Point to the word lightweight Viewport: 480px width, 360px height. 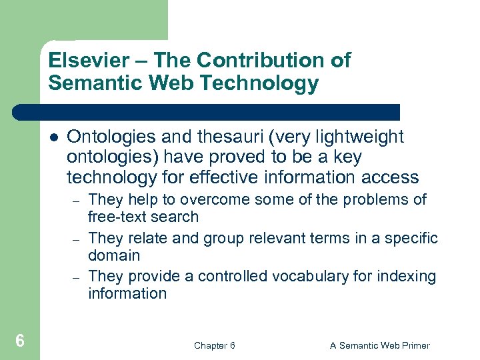[361, 137]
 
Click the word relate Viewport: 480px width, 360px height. [139, 238]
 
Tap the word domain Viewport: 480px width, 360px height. [114, 255]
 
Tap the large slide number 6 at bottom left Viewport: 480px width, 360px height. [20, 341]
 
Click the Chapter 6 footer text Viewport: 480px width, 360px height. [214, 345]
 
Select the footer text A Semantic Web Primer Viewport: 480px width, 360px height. [380, 345]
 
